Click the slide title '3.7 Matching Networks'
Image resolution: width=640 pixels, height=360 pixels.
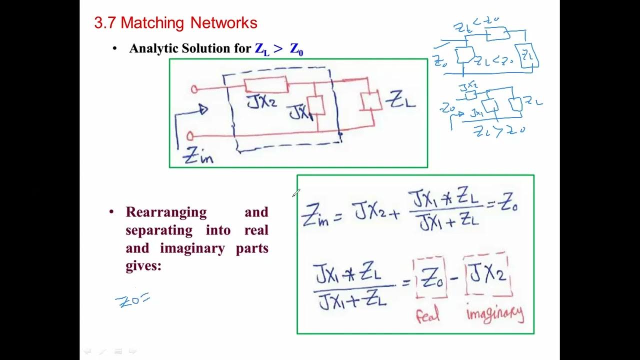click(x=175, y=22)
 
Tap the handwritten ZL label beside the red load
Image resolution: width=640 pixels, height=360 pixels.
click(x=402, y=100)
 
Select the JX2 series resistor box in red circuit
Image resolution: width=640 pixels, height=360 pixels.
click(x=265, y=85)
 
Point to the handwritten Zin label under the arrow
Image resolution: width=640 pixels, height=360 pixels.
click(x=198, y=156)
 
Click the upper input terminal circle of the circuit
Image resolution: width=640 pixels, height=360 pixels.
click(x=194, y=89)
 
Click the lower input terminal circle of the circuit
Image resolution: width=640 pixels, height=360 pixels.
click(x=190, y=136)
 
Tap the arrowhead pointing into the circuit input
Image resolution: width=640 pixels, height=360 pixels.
click(x=203, y=109)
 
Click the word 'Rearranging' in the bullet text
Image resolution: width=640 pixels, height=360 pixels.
click(x=166, y=212)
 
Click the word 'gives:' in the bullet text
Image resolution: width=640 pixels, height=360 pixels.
click(x=143, y=266)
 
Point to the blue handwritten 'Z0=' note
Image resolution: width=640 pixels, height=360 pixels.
click(x=132, y=300)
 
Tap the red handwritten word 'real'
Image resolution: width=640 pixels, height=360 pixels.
click(x=427, y=314)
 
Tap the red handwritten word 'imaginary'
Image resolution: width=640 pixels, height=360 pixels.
click(x=494, y=313)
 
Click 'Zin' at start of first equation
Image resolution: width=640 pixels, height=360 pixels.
click(x=315, y=216)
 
